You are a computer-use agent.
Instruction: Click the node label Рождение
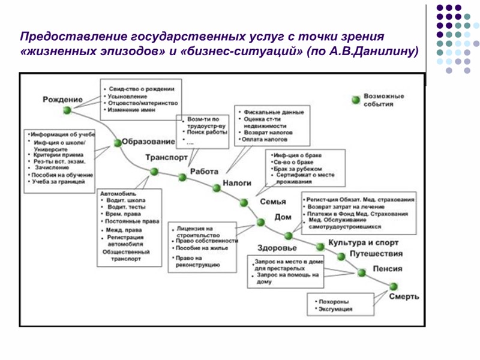point(62,98)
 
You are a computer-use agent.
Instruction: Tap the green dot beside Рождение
point(67,110)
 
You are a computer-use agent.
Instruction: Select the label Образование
point(148,142)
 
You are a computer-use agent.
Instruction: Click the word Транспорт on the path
point(166,158)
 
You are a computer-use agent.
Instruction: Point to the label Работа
point(204,172)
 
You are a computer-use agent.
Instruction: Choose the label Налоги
point(236,183)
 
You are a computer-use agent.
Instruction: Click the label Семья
point(272,202)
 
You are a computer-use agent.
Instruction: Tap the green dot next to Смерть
point(394,286)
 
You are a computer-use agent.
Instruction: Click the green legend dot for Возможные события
point(355,97)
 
